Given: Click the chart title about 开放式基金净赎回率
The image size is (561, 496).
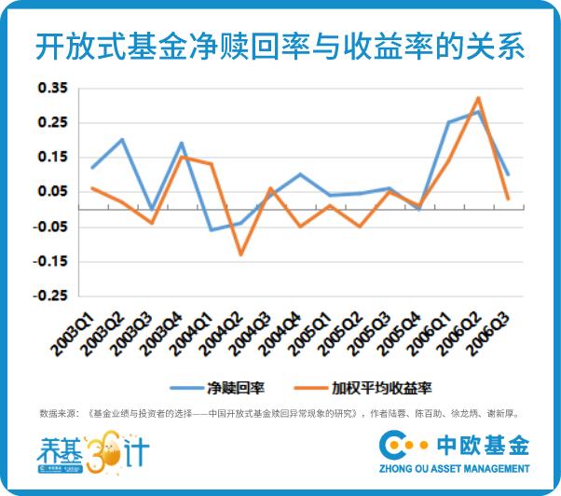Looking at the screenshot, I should click(x=280, y=44).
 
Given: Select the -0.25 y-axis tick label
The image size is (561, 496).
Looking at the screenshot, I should click(x=52, y=296).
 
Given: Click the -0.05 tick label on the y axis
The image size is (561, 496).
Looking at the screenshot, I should click(x=52, y=227).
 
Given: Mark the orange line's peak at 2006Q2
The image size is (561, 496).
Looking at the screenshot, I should click(x=478, y=97).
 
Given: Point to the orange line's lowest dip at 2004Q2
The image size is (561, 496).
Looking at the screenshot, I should click(x=240, y=255).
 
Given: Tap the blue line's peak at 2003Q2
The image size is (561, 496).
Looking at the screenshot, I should click(x=123, y=140).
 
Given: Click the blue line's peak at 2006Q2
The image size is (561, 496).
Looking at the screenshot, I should click(x=478, y=111).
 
